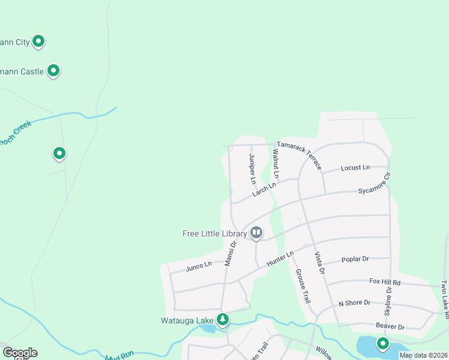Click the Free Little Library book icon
click(x=256, y=232)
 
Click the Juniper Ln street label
click(x=253, y=169)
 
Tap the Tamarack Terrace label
click(x=299, y=155)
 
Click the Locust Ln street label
click(x=355, y=167)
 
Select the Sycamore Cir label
click(x=375, y=184)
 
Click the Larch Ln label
click(x=264, y=189)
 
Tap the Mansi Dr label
click(x=231, y=253)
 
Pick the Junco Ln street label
click(x=199, y=265)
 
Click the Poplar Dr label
click(x=355, y=259)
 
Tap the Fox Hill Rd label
click(x=384, y=281)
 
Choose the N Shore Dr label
click(x=354, y=303)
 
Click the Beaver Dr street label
click(x=390, y=326)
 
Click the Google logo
click(x=19, y=352)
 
